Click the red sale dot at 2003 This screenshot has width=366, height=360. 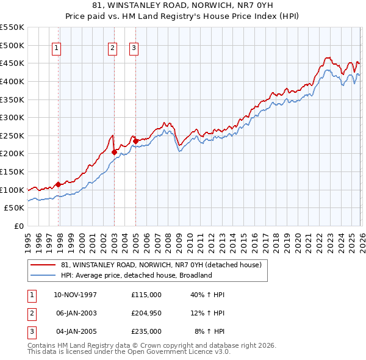[114, 152]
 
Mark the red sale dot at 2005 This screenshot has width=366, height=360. [135, 141]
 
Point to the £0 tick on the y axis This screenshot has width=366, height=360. [19, 226]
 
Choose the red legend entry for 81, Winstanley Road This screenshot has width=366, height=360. [161, 265]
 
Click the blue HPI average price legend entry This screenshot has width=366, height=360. [136, 275]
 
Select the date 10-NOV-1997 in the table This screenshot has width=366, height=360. [76, 295]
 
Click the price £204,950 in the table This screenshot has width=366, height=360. [146, 313]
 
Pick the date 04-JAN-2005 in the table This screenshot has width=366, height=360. [76, 331]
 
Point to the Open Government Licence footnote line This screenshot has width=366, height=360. [129, 352]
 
